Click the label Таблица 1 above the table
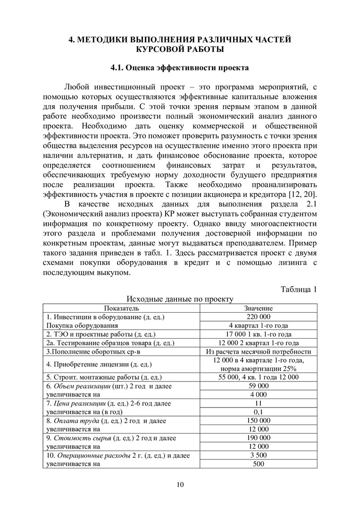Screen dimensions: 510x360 tap(299, 289)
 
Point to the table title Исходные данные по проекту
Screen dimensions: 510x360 tap(180, 299)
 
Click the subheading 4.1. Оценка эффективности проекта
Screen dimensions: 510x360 tap(180, 68)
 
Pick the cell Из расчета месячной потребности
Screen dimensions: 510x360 tap(259, 351)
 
